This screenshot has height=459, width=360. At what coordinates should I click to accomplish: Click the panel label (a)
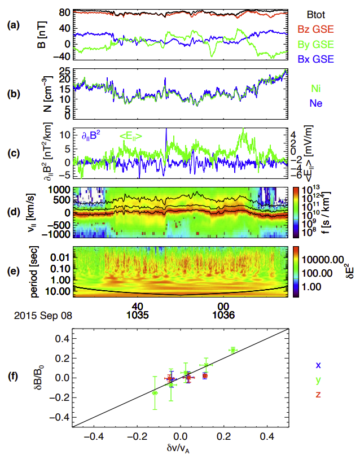point(12,25)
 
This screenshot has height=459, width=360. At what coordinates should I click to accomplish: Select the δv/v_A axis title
point(180,450)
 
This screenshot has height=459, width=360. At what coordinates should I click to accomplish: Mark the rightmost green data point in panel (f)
point(232,350)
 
